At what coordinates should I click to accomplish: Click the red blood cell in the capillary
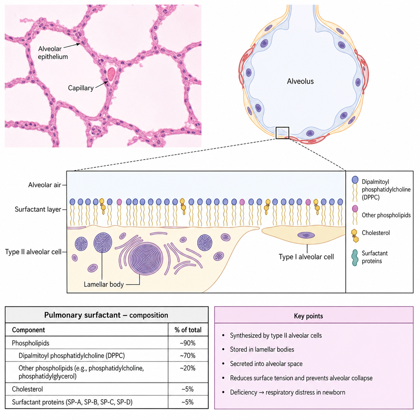coord(112,74)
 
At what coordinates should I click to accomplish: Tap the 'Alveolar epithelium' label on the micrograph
coord(53,53)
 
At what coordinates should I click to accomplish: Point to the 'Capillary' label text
coord(81,88)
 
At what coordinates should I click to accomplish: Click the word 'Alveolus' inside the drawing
coord(300,81)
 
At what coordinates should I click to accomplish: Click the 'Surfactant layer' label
coord(38,209)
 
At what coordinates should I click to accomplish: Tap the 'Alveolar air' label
coord(45,185)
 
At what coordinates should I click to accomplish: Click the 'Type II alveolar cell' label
coord(33,252)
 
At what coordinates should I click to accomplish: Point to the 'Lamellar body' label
coord(104,284)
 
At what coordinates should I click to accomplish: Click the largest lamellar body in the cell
coord(146,259)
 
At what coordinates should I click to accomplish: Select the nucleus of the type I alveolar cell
coord(306,235)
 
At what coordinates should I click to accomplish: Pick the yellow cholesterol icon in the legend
coord(355,236)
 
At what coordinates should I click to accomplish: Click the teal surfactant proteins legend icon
coord(355,258)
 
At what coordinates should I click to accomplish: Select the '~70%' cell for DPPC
coord(188,356)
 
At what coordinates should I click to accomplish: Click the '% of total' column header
coord(188,330)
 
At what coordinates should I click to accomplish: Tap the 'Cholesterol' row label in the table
coord(27,389)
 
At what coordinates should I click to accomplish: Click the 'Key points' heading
coord(308,316)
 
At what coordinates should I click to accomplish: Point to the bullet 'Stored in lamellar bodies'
coord(262,349)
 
